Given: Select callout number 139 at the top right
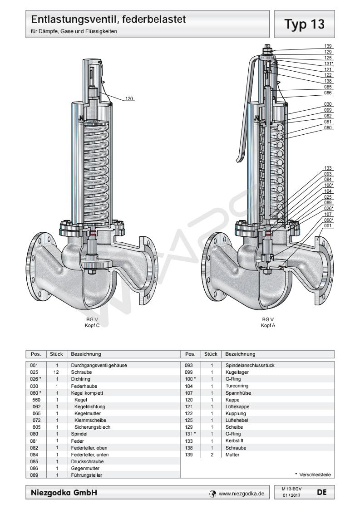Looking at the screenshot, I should pos(328,46).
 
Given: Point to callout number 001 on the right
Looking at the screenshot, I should pos(328,226).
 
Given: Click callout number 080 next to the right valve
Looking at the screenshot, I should pos(328,127).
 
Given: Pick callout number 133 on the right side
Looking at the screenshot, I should pos(328,168).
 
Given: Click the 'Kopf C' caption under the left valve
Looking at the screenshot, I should pos(92,325).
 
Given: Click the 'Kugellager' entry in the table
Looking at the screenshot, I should pos(235,371).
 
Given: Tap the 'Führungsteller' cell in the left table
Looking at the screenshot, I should pos(88,475).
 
